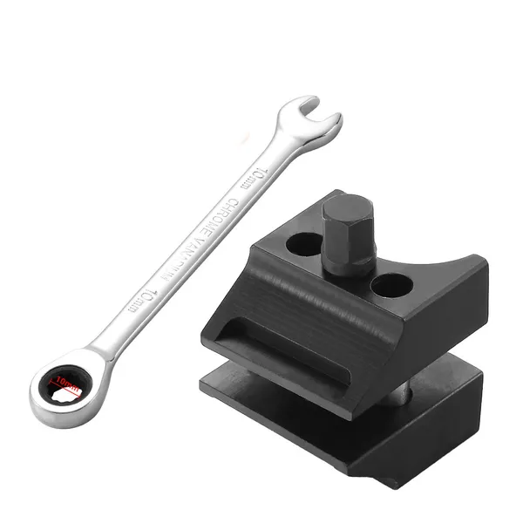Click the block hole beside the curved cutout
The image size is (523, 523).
[391, 284]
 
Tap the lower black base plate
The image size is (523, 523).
[349, 436]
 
